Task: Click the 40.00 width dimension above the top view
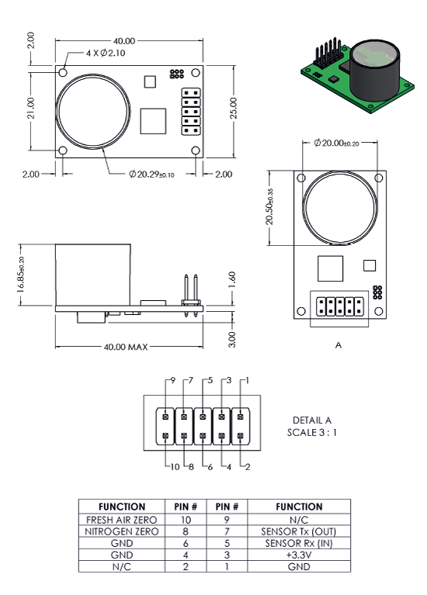(124, 40)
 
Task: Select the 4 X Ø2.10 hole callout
(106, 53)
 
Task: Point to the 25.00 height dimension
(233, 108)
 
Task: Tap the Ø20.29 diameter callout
(151, 175)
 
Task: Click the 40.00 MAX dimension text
(126, 347)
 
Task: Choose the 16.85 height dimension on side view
(21, 275)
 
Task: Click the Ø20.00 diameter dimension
(336, 143)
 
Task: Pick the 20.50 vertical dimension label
(269, 206)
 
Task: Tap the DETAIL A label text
(312, 420)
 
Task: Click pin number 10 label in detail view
(175, 467)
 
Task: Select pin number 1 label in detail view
(248, 380)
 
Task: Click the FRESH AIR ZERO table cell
(122, 520)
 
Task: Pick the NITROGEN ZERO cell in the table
(122, 531)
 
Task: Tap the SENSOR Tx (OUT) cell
(299, 531)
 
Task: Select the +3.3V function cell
(299, 555)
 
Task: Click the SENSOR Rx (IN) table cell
(299, 543)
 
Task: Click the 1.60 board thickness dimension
(232, 280)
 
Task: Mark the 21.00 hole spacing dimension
(31, 108)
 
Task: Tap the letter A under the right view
(338, 345)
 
